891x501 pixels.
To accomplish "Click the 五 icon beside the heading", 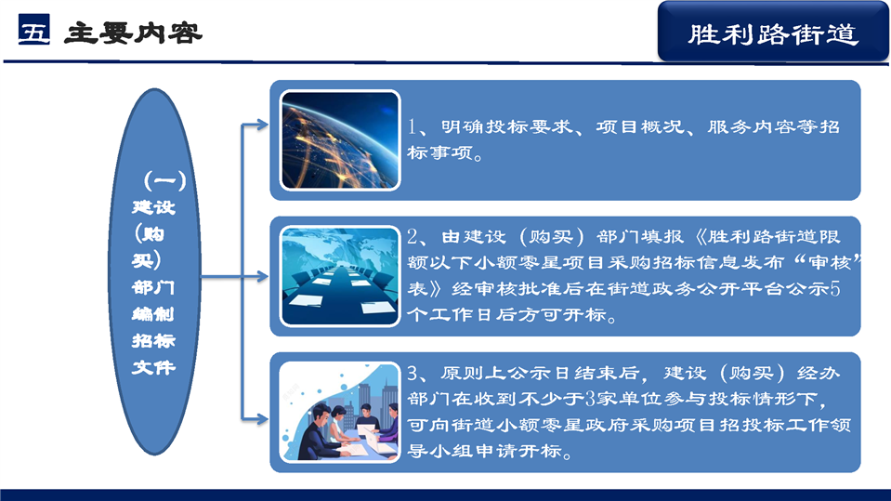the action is (x=34, y=30).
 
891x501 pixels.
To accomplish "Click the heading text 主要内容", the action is (x=133, y=33).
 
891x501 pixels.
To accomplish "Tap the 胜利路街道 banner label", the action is (x=772, y=34).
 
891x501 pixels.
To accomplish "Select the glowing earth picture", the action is (x=340, y=140).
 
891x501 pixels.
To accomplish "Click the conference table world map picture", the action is (x=340, y=276).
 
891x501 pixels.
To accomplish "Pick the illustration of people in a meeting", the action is (x=340, y=413).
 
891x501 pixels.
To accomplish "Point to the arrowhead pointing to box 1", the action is (x=263, y=125).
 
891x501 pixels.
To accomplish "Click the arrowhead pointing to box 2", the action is (x=263, y=277).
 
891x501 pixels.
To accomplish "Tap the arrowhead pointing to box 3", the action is (x=263, y=419).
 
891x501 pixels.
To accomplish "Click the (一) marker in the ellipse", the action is (x=164, y=181).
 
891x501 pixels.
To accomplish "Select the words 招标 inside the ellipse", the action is (x=153, y=340).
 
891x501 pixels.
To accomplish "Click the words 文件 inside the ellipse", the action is (x=153, y=367).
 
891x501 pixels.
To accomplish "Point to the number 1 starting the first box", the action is (x=412, y=126).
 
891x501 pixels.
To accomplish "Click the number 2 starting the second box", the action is (x=413, y=237).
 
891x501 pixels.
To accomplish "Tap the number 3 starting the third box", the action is (x=413, y=373).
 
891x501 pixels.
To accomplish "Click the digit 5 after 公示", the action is (x=834, y=288).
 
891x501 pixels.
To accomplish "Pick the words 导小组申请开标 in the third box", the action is (x=485, y=451).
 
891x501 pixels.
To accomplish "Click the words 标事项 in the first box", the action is (x=439, y=152).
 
